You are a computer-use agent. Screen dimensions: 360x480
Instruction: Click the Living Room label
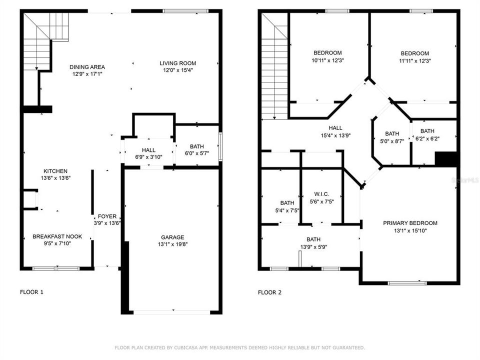click(x=177, y=63)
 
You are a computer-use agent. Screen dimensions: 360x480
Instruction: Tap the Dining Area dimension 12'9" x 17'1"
click(x=87, y=74)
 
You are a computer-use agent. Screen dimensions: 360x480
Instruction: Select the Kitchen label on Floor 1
click(x=55, y=171)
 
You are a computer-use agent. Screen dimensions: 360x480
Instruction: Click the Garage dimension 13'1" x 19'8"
click(x=172, y=244)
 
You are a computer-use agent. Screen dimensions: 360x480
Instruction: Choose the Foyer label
click(x=107, y=216)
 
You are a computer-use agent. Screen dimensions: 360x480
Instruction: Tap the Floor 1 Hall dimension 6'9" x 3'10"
click(x=148, y=157)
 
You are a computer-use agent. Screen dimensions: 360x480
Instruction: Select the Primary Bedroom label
click(x=410, y=223)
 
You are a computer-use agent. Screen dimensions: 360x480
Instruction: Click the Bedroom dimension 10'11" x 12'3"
click(x=327, y=60)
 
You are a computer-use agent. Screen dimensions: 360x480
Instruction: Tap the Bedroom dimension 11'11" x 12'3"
click(x=414, y=60)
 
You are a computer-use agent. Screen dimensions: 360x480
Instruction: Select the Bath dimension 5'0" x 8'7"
click(x=392, y=141)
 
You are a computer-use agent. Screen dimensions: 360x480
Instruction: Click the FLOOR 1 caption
click(x=31, y=292)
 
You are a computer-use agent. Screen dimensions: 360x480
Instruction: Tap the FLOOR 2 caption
click(x=269, y=292)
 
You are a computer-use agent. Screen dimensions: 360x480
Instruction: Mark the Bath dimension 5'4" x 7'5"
click(x=287, y=210)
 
